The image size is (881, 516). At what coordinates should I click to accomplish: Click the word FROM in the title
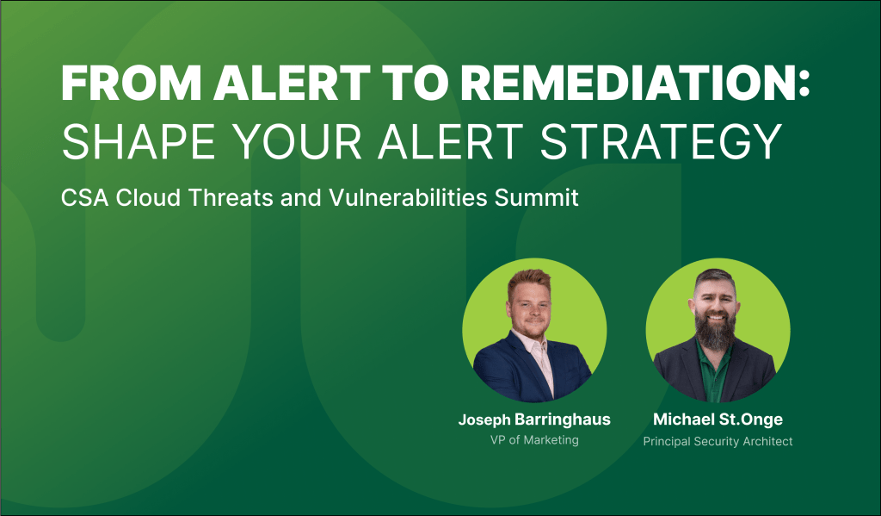132,84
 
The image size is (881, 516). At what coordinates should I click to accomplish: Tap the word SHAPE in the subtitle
139,141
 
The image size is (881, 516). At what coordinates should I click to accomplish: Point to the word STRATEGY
661,141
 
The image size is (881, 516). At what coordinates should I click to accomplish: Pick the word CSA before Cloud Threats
85,197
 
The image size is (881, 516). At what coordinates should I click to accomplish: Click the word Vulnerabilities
408,197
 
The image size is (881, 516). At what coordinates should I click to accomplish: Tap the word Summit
537,197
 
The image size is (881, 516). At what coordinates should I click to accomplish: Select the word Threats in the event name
230,197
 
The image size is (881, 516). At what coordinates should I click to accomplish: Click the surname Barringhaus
563,420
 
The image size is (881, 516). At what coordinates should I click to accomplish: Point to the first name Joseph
484,420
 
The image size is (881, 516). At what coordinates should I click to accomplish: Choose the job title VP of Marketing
534,440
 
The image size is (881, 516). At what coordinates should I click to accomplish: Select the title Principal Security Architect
718,441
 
